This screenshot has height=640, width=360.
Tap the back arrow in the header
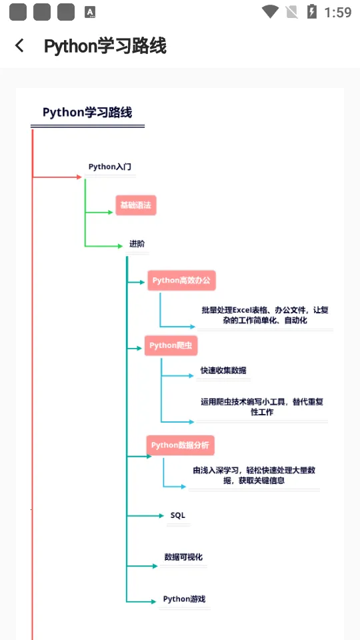[x=19, y=45]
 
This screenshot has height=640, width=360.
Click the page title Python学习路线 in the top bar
[x=105, y=46]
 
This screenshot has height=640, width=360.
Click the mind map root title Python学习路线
[x=87, y=112]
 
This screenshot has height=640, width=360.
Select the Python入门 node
[x=110, y=167]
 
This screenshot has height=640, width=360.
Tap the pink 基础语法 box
[x=135, y=205]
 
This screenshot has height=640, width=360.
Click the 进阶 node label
[x=137, y=244]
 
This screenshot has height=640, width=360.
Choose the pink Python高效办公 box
[x=181, y=281]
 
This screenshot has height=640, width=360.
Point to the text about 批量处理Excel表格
[x=265, y=315]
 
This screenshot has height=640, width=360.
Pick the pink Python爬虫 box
[x=171, y=345]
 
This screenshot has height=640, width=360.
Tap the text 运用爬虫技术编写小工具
[x=261, y=407]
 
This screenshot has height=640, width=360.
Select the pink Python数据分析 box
[x=181, y=445]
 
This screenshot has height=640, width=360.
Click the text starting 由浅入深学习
[x=254, y=475]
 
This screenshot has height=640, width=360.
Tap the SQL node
[x=178, y=515]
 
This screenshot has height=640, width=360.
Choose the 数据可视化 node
[x=183, y=557]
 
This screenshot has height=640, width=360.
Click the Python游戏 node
[x=184, y=599]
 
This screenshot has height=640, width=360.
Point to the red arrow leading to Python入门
[x=57, y=177]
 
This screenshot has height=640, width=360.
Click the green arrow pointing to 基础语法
[x=100, y=213]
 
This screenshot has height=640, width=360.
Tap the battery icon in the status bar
[x=311, y=11]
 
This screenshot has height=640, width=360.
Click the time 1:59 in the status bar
[x=337, y=12]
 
